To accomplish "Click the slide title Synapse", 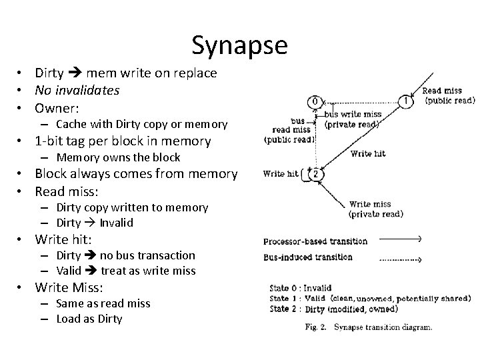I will click(239, 45).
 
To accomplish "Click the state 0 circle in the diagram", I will click(315, 101).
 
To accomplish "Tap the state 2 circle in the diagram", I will click(318, 175).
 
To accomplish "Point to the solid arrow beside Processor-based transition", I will click(397, 239).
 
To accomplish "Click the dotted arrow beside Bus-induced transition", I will click(397, 258).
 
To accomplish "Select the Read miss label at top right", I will click(441, 91).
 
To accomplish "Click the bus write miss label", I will click(353, 114).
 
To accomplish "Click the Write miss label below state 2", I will click(369, 205).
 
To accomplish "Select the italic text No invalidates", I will click(77, 90).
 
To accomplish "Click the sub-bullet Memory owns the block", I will click(118, 157).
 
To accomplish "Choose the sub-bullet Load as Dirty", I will click(89, 319).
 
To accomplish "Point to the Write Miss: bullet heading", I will click(69, 287).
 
